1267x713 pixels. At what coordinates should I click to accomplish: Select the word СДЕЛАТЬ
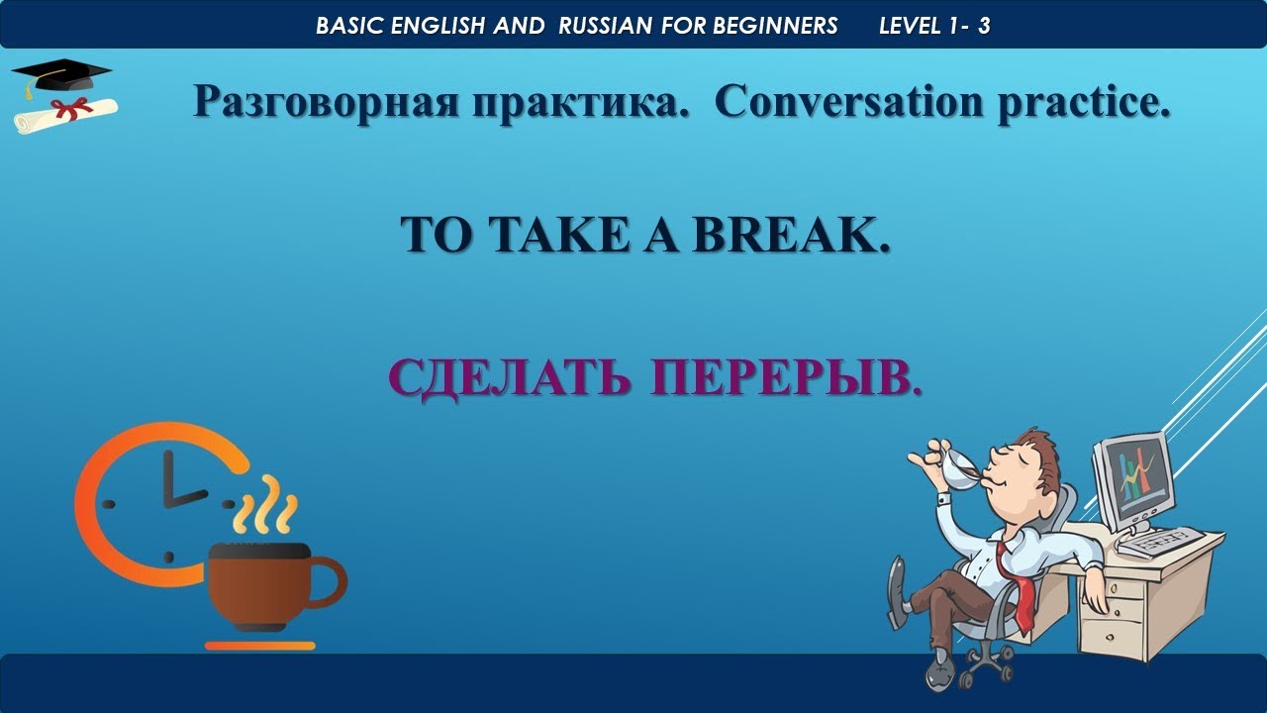click(509, 377)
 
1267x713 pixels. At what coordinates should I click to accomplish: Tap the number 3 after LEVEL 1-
click(984, 26)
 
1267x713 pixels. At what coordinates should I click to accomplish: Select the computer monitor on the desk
click(1134, 479)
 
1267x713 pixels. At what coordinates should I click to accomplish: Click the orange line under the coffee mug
click(259, 646)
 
